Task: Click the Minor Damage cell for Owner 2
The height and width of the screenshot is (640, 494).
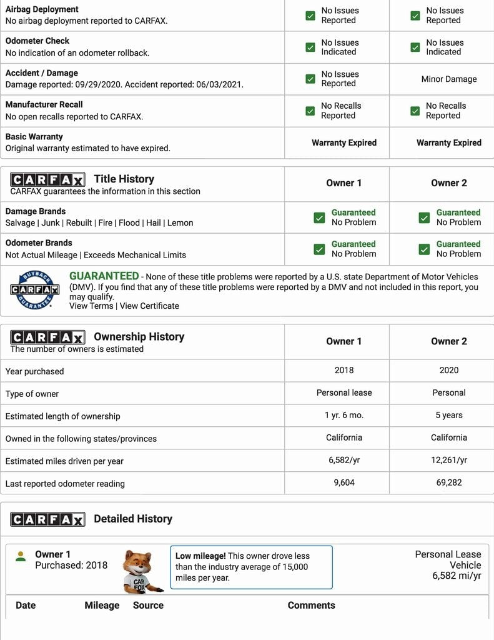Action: pos(448,79)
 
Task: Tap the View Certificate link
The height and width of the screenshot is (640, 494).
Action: pos(149,306)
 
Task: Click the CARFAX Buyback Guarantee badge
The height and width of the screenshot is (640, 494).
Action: pos(34,290)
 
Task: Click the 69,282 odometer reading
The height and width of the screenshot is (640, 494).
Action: pos(448,483)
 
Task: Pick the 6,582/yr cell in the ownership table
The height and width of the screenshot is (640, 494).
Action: pos(344,461)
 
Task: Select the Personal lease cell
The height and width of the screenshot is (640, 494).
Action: pos(344,393)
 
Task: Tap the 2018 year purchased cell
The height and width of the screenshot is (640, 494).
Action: pos(344,371)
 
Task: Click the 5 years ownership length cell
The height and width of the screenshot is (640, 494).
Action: pos(448,416)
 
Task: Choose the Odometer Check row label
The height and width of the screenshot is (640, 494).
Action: pos(37,41)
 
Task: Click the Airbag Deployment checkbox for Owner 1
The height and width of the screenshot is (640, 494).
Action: pos(310,16)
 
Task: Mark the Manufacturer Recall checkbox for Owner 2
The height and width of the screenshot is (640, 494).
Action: pos(415,111)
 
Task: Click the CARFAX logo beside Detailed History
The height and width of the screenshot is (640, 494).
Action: pos(47,519)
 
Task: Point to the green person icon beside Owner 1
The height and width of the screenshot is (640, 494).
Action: pos(21,556)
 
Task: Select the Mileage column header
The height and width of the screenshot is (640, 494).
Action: pos(102,606)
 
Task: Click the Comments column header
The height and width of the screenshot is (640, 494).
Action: pos(311,606)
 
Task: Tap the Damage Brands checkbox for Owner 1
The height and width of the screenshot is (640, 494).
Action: pos(319,217)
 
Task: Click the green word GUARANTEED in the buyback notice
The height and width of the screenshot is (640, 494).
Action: pos(104,276)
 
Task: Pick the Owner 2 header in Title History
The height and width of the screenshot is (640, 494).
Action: pos(448,183)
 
